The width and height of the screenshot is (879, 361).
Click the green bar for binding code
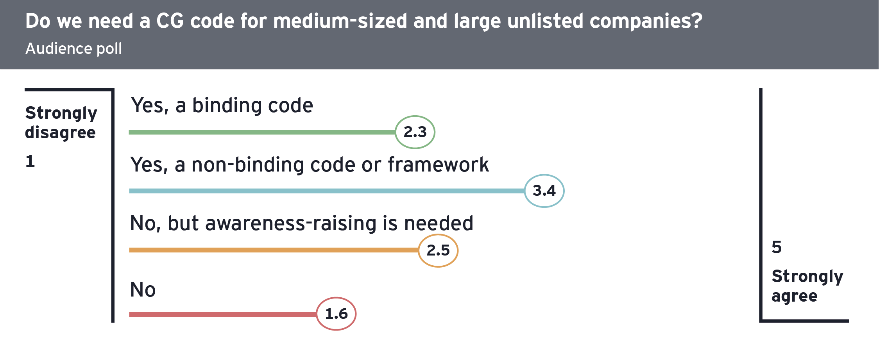(x=262, y=132)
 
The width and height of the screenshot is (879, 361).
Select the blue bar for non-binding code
(x=327, y=191)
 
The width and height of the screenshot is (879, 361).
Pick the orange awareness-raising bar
(x=274, y=250)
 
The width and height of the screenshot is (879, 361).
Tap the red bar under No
(x=223, y=315)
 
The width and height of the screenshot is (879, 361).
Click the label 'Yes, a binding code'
(x=222, y=106)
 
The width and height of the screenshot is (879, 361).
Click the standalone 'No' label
(x=143, y=290)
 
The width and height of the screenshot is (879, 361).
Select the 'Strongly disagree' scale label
(x=61, y=123)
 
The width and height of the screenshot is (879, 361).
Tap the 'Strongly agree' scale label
(x=807, y=286)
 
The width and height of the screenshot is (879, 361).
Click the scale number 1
(x=30, y=161)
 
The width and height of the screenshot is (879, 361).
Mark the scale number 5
(x=777, y=247)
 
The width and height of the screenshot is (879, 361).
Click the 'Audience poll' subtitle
(x=74, y=49)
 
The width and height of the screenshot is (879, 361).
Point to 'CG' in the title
(x=170, y=21)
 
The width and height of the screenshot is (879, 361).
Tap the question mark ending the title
(x=697, y=21)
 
